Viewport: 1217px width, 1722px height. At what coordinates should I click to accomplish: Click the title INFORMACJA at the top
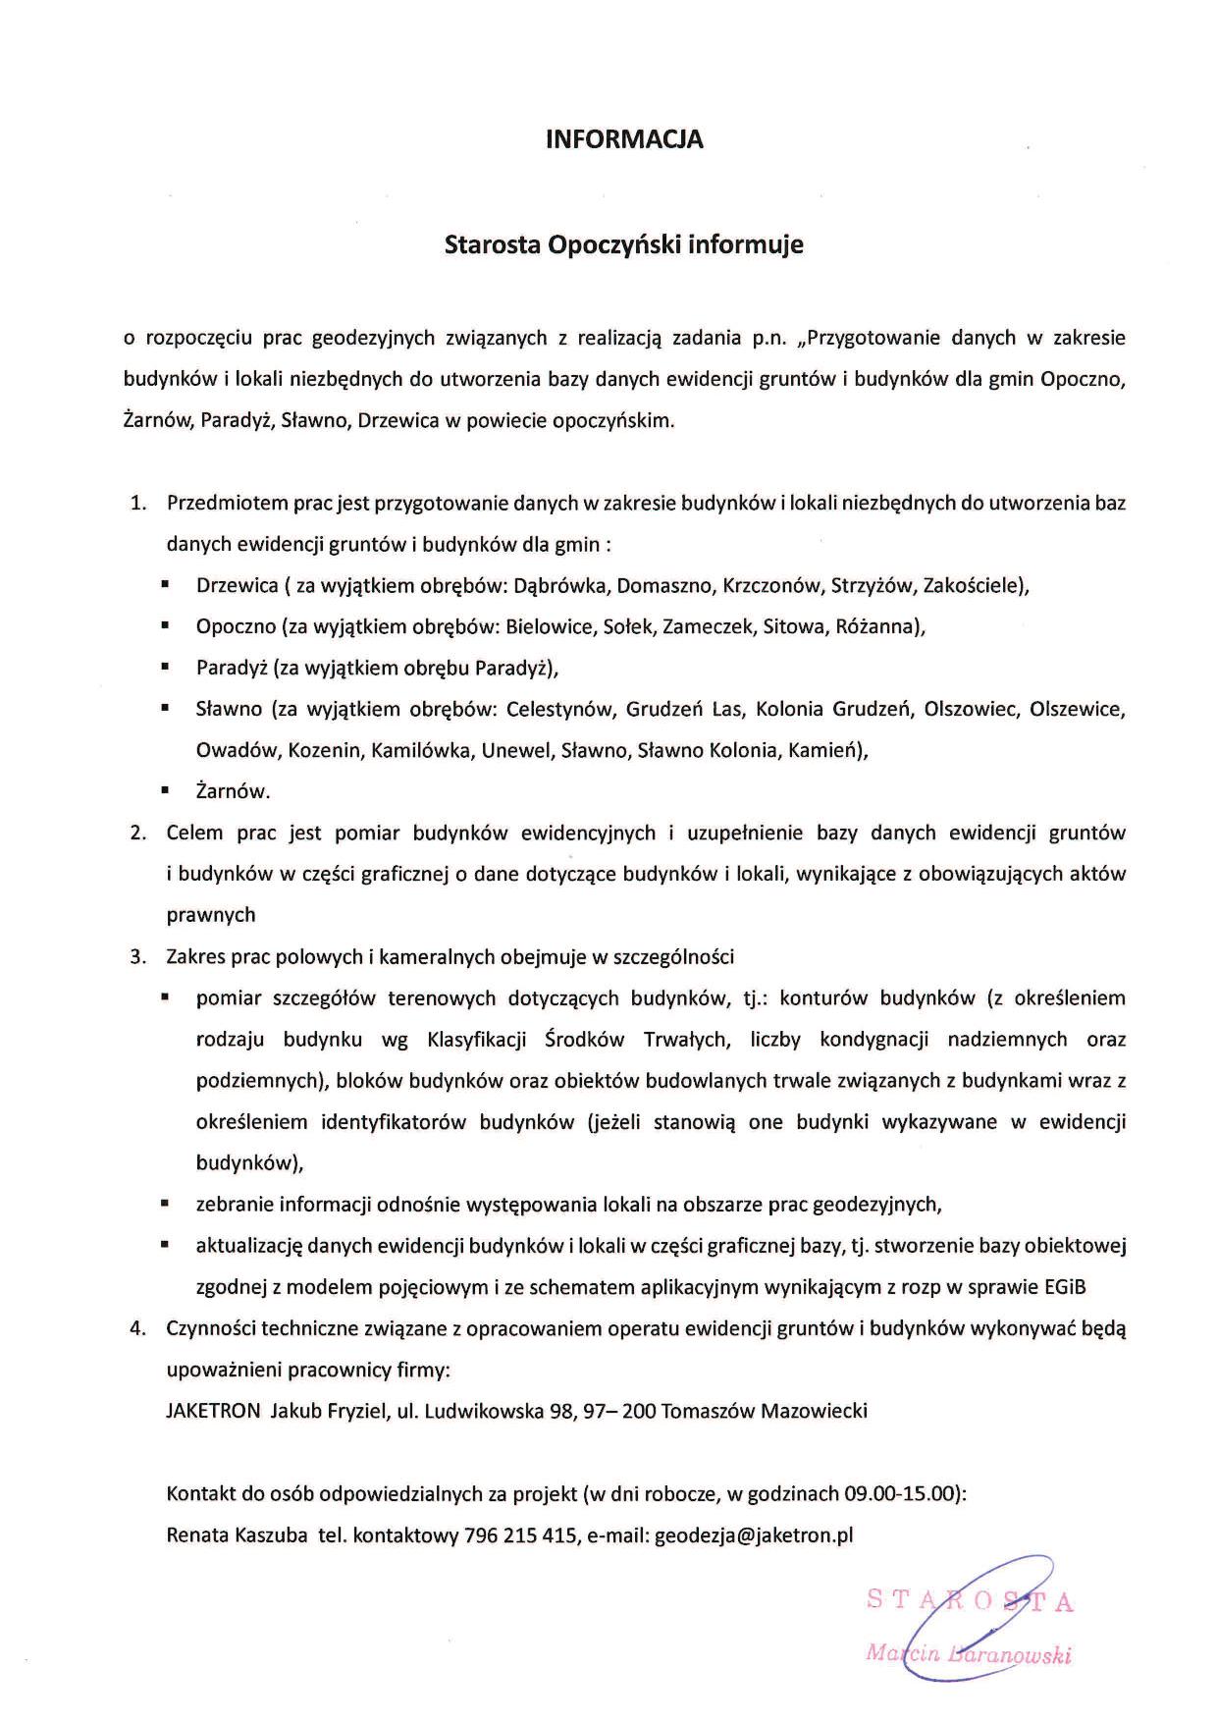coord(624,139)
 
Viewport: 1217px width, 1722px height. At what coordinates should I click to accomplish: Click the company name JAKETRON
coord(213,1412)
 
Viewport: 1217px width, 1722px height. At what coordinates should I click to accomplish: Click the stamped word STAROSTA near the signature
coord(970,1601)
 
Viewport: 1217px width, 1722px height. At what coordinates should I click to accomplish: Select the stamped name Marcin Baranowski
coord(968,1653)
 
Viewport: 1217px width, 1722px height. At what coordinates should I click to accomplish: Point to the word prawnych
coord(211,915)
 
